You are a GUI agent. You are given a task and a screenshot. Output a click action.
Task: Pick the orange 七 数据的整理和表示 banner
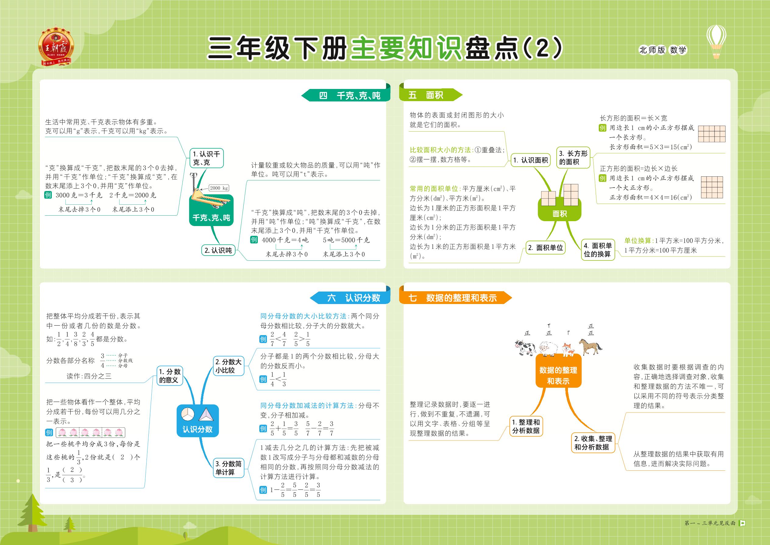pyautogui.click(x=455, y=298)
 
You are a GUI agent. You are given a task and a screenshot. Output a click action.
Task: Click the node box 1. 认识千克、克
pyautogui.click(x=206, y=158)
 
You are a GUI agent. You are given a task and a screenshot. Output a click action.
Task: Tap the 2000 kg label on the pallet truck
pyautogui.click(x=219, y=188)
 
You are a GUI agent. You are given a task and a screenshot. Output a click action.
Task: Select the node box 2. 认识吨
pyautogui.click(x=218, y=250)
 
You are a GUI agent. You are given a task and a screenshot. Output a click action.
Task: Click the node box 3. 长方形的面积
pyautogui.click(x=573, y=158)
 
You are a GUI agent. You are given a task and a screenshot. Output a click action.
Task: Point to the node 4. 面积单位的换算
pyautogui.click(x=598, y=250)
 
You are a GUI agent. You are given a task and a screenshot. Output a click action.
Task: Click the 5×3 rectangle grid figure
pyautogui.click(x=711, y=134)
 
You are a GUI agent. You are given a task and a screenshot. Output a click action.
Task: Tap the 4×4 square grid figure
pyautogui.click(x=712, y=187)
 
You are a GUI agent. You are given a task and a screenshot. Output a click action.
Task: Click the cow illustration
pyautogui.click(x=525, y=348)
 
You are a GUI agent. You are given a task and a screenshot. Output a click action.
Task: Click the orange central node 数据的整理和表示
pyautogui.click(x=558, y=370)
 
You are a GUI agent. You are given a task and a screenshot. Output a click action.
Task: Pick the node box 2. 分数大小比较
pyautogui.click(x=228, y=366)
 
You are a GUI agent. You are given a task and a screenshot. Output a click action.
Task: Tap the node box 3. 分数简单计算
pyautogui.click(x=228, y=468)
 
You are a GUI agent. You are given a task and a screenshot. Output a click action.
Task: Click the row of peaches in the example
pyautogui.click(x=90, y=432)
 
